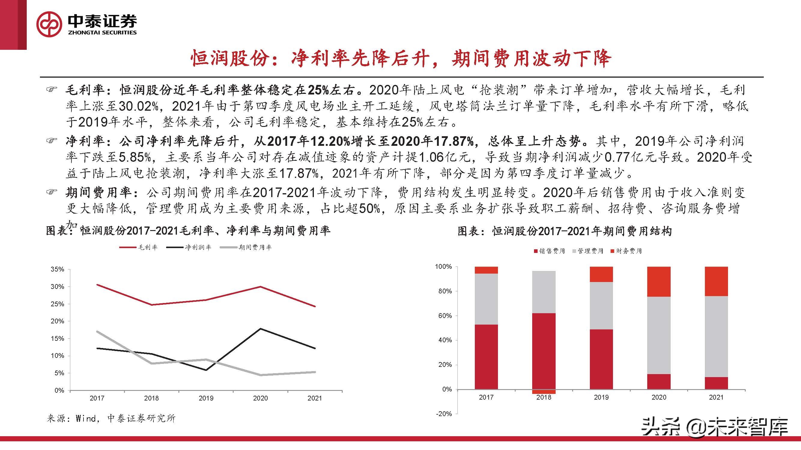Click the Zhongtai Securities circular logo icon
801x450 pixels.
(x=50, y=25)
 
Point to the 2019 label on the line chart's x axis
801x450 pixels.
(x=205, y=398)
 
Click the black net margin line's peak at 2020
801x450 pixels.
(x=260, y=328)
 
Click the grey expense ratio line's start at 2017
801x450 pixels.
(x=97, y=331)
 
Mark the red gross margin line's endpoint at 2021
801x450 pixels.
(x=315, y=307)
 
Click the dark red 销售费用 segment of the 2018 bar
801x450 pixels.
(x=544, y=351)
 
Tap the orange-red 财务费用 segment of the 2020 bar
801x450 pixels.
(x=659, y=281)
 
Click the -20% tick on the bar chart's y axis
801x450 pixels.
(x=444, y=414)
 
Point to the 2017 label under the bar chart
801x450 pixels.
(x=486, y=397)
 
